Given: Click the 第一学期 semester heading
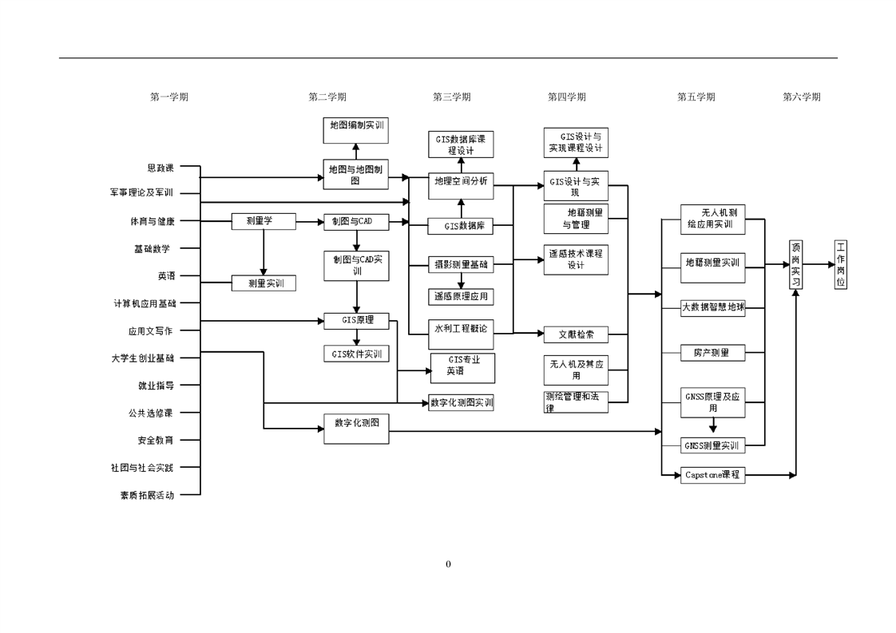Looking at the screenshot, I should click(x=169, y=97).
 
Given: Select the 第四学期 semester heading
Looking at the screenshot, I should click(x=566, y=97).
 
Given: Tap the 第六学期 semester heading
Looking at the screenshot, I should click(x=801, y=97).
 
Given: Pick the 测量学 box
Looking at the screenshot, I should click(x=264, y=221).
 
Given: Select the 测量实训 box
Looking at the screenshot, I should click(x=264, y=283).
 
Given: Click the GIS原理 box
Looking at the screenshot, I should click(x=356, y=321).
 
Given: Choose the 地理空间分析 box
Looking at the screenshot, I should click(x=461, y=181).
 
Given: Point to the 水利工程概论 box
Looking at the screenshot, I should click(x=461, y=328).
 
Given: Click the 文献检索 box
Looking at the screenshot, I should click(x=576, y=334).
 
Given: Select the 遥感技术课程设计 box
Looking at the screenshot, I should click(x=576, y=259).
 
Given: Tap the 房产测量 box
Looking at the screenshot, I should click(x=712, y=352).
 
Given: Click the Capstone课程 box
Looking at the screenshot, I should click(x=712, y=475).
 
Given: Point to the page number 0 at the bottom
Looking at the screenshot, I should click(x=448, y=564).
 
